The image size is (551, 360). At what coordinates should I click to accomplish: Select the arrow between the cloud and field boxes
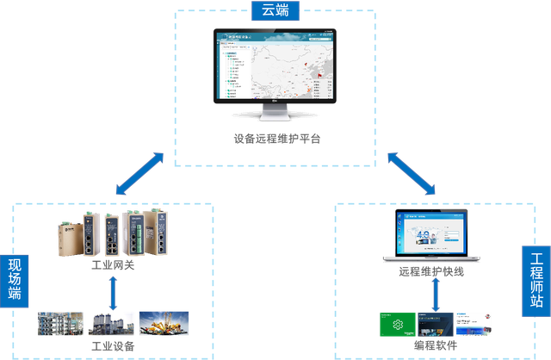[140, 177]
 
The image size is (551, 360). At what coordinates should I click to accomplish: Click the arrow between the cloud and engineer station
[411, 177]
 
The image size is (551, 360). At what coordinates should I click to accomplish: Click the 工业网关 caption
[112, 268]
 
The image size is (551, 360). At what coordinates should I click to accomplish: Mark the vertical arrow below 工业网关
[113, 293]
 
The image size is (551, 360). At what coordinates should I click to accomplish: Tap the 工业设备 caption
[112, 346]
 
